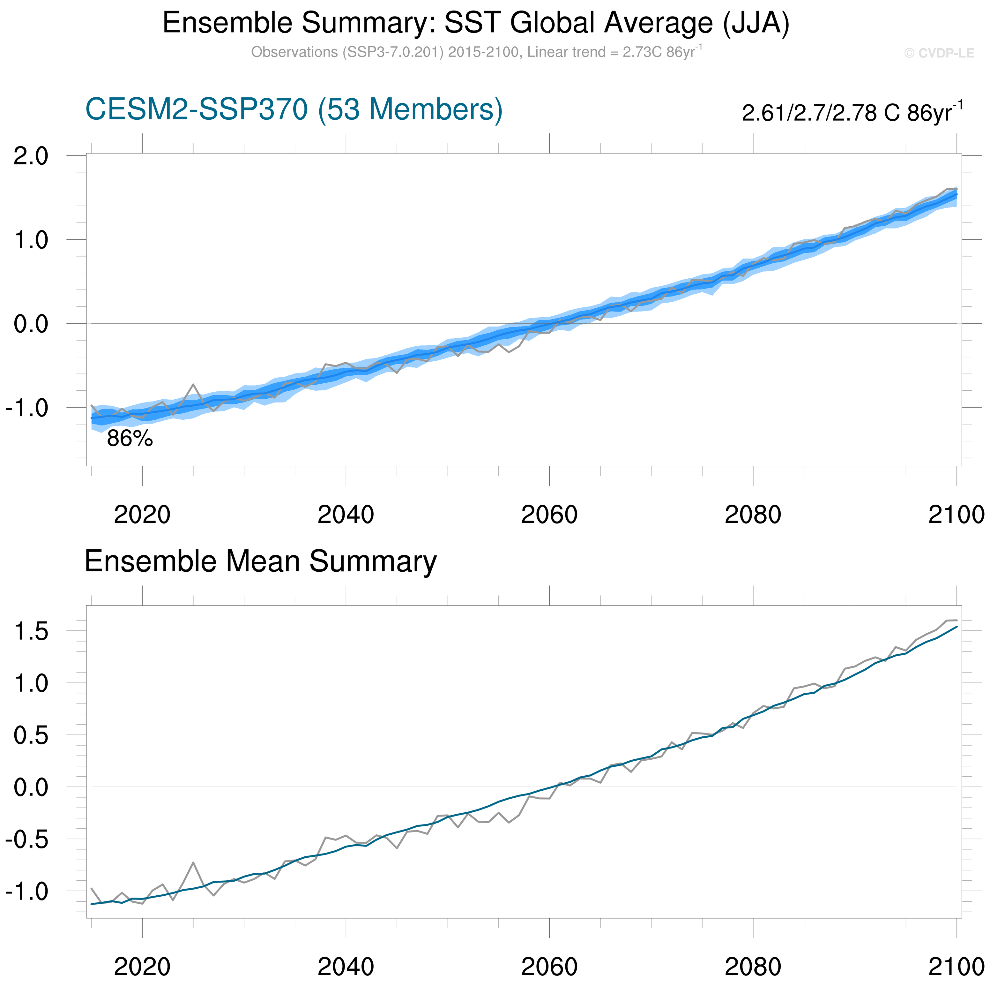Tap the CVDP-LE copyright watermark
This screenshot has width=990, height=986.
pos(939,53)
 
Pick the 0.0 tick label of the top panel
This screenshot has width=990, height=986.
pos(31,324)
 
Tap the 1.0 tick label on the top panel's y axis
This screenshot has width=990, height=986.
pos(31,240)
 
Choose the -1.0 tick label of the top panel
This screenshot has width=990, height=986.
pos(27,408)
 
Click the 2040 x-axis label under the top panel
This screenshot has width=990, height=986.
pos(346,515)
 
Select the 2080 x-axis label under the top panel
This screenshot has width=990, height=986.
pos(753,515)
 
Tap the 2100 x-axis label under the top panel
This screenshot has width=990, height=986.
pos(956,515)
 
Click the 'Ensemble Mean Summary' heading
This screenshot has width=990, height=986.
pos(260,561)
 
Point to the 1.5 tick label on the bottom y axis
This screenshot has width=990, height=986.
pos(31,632)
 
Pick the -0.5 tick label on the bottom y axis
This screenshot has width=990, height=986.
pos(27,840)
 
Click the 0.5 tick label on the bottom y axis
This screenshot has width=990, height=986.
pos(31,736)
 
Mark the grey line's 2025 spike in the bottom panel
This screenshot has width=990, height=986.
pos(193,862)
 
